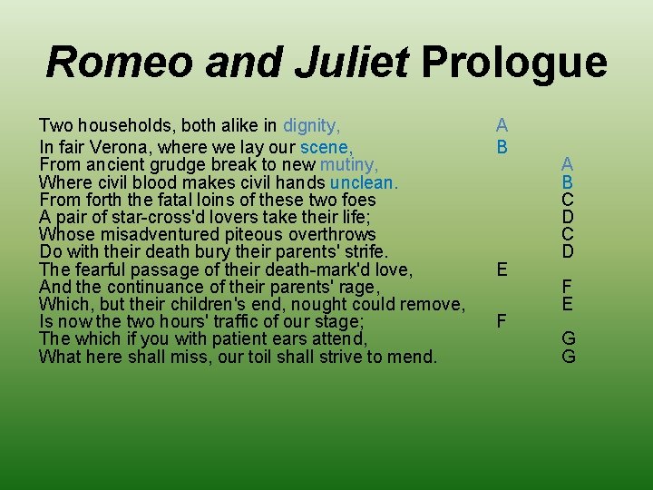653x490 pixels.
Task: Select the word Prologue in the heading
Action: pos(514,63)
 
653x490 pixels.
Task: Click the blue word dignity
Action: pos(312,125)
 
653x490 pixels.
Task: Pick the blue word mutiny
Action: pos(348,164)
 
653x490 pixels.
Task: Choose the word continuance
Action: pos(145,287)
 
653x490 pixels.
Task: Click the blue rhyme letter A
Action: pos(567,164)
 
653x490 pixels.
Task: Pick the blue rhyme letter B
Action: pos(567,181)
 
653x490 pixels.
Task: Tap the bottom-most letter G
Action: pos(569,357)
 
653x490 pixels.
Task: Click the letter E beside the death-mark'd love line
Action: pos(502,269)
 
